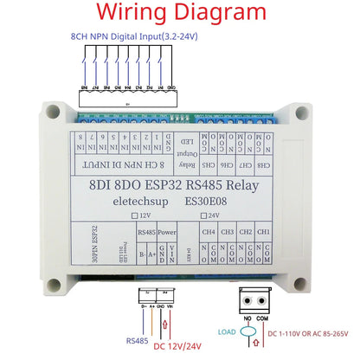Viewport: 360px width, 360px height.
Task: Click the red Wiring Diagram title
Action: (x=180, y=13)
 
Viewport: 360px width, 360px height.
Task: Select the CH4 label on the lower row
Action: (x=208, y=232)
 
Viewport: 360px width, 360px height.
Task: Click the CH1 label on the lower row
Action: (x=265, y=232)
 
